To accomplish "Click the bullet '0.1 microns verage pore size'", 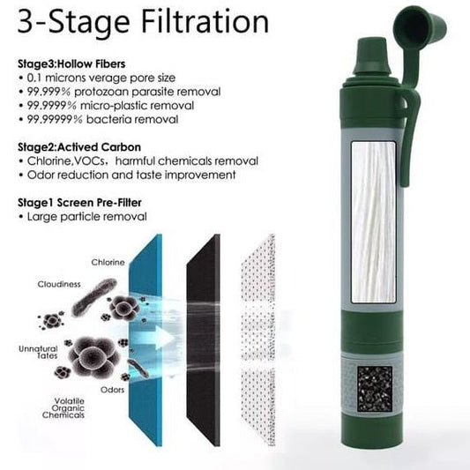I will coord(103,78).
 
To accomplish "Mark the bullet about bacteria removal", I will coord(103,119).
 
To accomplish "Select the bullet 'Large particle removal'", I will coord(85,216).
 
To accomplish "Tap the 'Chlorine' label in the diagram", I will coord(108,262).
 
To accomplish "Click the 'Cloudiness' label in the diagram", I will coord(59,285).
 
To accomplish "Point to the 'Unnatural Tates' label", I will coord(37,352).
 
